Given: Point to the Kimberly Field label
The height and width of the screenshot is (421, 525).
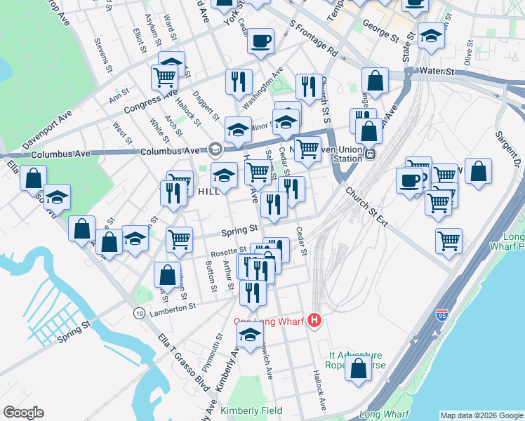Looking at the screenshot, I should click(251, 410).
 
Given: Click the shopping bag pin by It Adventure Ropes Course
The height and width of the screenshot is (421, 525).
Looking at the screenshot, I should click(359, 368).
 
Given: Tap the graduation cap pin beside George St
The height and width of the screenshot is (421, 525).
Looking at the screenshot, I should click(430, 35).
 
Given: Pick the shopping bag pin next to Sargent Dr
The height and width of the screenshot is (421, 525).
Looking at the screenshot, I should click(478, 171).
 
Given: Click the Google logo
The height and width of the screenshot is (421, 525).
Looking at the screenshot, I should click(23, 413).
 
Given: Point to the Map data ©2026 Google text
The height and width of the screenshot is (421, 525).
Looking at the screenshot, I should click(481, 415).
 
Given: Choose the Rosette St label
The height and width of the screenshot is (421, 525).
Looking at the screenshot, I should click(229, 251).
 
